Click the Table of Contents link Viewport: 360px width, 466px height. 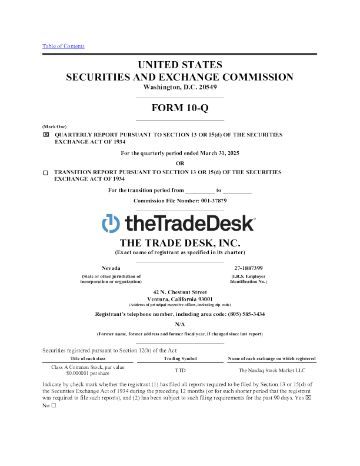[x=64, y=46]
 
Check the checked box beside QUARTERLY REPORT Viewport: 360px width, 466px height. [x=46, y=135]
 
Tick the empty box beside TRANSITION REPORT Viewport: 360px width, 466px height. [x=46, y=172]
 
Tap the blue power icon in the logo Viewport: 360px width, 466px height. [x=111, y=224]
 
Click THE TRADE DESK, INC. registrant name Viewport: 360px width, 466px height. [x=179, y=242]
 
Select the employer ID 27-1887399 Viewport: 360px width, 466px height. [x=249, y=268]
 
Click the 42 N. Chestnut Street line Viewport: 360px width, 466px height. [x=179, y=292]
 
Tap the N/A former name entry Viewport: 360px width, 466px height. [x=179, y=324]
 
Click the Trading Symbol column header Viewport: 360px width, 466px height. [x=180, y=358]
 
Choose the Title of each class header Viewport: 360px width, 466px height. [x=88, y=358]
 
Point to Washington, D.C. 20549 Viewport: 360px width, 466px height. [x=179, y=87]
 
